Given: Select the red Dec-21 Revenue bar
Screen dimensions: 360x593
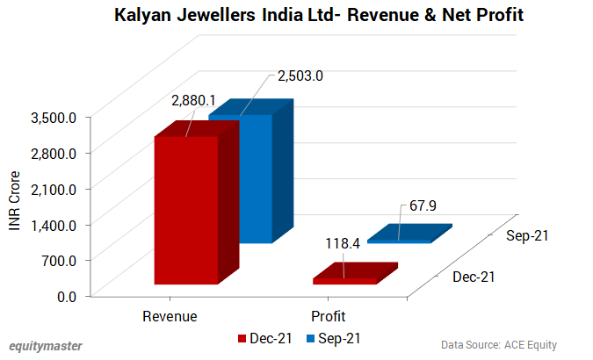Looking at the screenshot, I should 186,211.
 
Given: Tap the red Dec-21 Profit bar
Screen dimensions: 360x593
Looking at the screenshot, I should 344,281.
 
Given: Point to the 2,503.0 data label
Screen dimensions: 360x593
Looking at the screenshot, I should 300,76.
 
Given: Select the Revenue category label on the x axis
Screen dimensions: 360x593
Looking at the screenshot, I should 170,316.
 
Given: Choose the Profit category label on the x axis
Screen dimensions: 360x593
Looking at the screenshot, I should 328,316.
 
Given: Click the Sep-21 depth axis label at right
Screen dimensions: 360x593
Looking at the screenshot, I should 529,236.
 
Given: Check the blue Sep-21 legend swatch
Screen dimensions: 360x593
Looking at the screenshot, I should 310,338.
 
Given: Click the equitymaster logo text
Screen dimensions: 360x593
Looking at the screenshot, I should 46,345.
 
